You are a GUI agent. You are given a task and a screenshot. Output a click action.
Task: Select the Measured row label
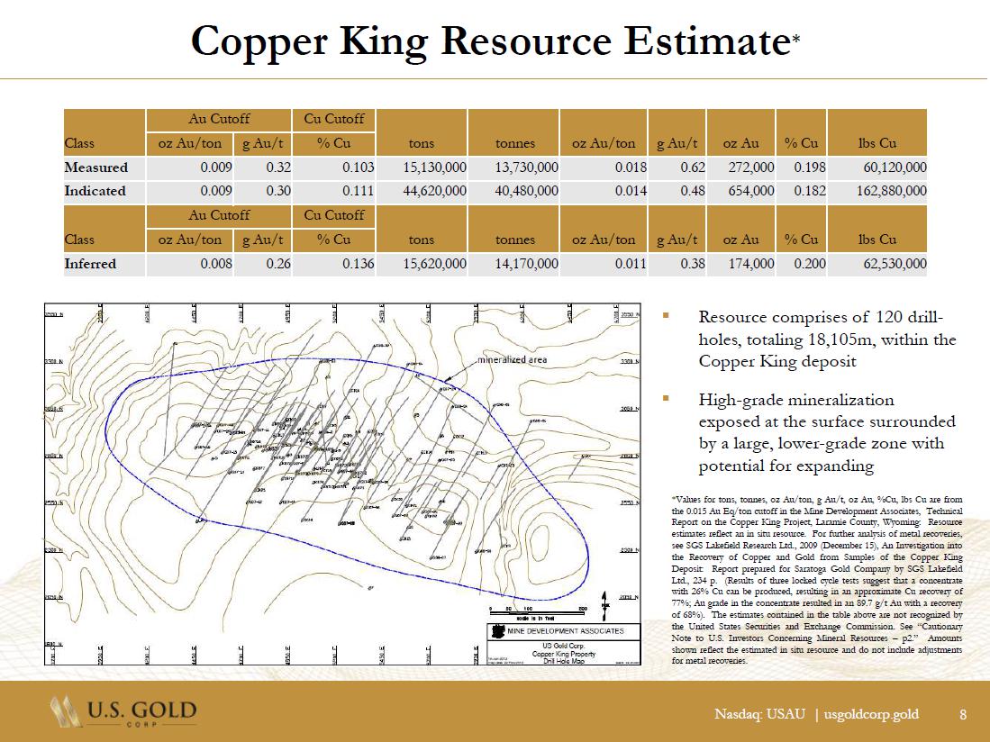tap(95, 167)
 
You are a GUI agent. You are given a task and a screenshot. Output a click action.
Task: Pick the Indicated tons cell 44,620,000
tap(424, 191)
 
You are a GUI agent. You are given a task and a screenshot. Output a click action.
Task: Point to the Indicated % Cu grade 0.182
tap(800, 191)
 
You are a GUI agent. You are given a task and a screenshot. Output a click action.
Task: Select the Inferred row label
tap(90, 264)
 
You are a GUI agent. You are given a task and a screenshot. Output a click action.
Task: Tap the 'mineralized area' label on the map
tap(512, 359)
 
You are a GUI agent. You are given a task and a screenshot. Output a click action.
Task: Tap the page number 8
tap(963, 715)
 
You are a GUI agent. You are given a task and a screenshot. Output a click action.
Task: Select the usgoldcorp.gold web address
tap(871, 715)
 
